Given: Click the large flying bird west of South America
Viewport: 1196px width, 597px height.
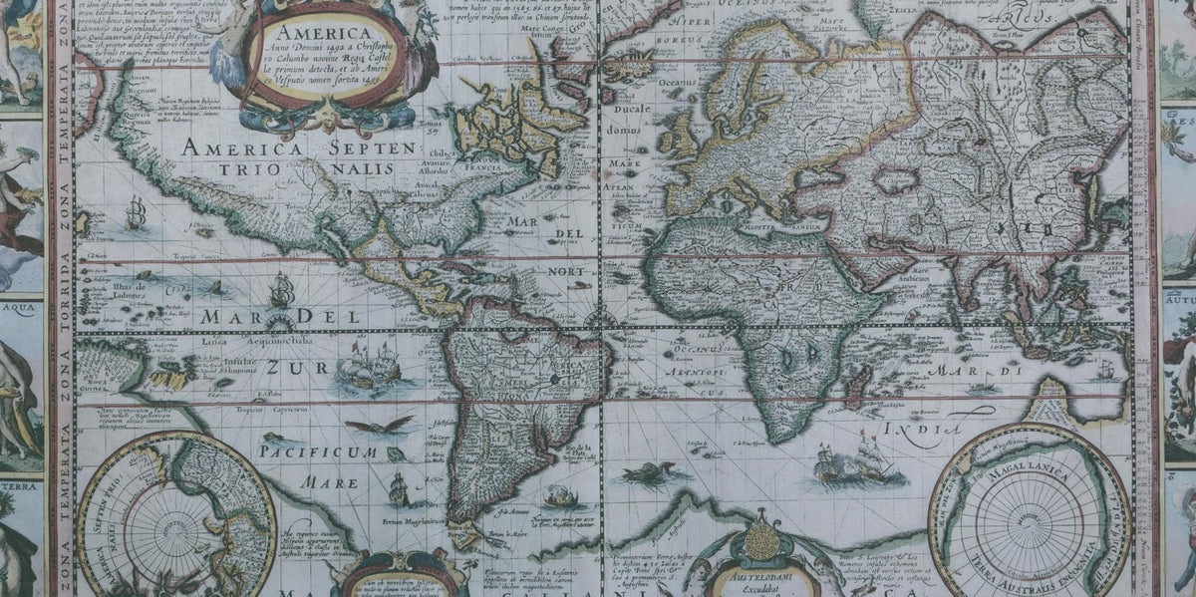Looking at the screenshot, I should [379, 427].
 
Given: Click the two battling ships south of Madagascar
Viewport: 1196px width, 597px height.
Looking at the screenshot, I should [854, 462].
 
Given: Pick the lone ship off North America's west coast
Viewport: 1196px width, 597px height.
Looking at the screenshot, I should [135, 212].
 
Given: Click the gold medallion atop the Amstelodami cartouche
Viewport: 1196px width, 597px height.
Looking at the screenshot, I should [761, 541].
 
